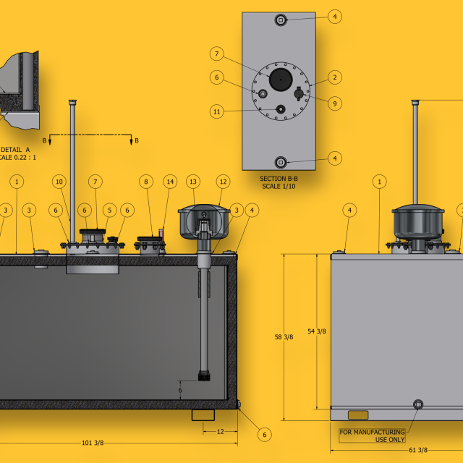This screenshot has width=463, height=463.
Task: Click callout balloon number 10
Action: (x=59, y=182)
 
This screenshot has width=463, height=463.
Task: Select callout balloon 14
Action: (x=170, y=182)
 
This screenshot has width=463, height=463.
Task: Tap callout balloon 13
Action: (x=193, y=182)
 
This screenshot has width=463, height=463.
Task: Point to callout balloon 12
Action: (x=224, y=182)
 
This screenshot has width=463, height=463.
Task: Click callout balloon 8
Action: (x=146, y=182)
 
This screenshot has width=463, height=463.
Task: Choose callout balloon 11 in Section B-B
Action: (x=217, y=111)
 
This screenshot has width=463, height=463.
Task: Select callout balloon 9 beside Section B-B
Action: (x=335, y=103)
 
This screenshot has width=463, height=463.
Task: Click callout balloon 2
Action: (x=335, y=77)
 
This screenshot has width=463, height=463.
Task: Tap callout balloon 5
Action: (x=109, y=211)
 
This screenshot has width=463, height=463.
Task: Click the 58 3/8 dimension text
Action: (x=284, y=337)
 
